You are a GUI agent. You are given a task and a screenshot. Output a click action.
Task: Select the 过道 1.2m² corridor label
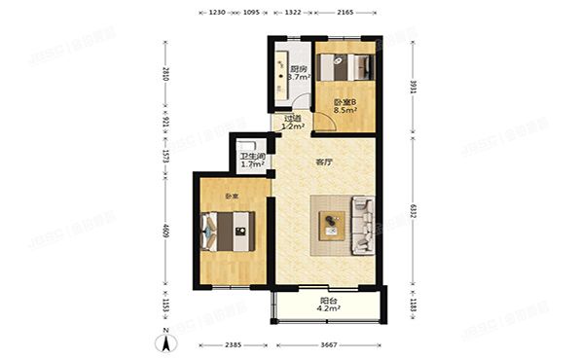292,123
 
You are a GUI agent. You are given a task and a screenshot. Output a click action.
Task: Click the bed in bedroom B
347,69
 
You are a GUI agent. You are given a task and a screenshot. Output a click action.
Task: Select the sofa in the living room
363,227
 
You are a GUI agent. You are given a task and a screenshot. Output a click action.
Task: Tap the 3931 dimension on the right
413,85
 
